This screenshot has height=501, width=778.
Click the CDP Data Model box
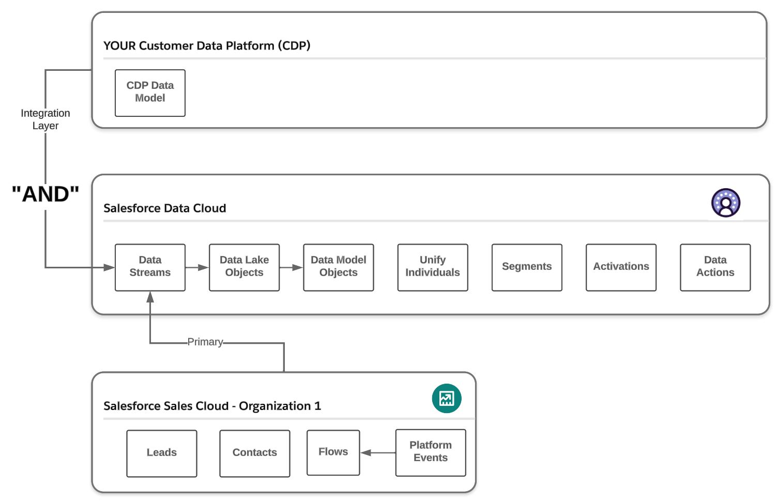(150, 93)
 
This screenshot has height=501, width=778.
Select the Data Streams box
(150, 267)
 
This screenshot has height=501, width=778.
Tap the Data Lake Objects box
(244, 267)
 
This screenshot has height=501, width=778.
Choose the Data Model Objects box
(339, 267)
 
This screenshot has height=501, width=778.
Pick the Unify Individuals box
(433, 267)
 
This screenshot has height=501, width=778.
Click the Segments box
(527, 267)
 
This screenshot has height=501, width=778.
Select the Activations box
(621, 267)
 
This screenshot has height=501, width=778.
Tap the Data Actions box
(715, 267)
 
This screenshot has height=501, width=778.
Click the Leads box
(162, 453)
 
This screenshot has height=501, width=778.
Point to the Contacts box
(255, 453)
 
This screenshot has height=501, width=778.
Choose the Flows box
(333, 452)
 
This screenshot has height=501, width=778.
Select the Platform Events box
(431, 452)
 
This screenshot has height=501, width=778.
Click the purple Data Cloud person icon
(726, 203)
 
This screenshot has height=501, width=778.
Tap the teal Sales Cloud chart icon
(447, 398)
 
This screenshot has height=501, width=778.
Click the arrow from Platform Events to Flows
(378, 452)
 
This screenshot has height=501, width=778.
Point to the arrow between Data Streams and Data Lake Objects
(197, 267)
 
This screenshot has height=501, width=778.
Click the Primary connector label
(205, 342)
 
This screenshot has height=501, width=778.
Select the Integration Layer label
(45, 119)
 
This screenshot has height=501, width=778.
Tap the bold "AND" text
(45, 194)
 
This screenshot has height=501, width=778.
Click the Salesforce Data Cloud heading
(164, 208)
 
